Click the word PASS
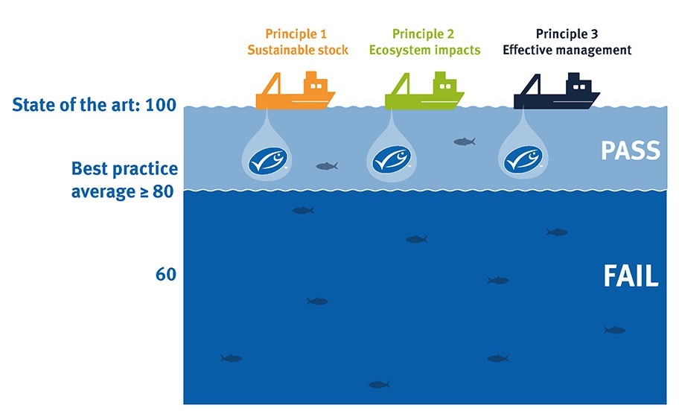pyautogui.click(x=630, y=151)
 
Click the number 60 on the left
pyautogui.click(x=165, y=275)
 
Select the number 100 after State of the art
pyautogui.click(x=161, y=104)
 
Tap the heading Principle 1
pyautogui.click(x=296, y=34)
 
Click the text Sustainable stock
pyautogui.click(x=296, y=51)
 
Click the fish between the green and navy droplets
pyautogui.click(x=464, y=141)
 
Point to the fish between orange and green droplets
pyautogui.click(x=326, y=166)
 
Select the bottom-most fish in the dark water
pyautogui.click(x=379, y=384)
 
